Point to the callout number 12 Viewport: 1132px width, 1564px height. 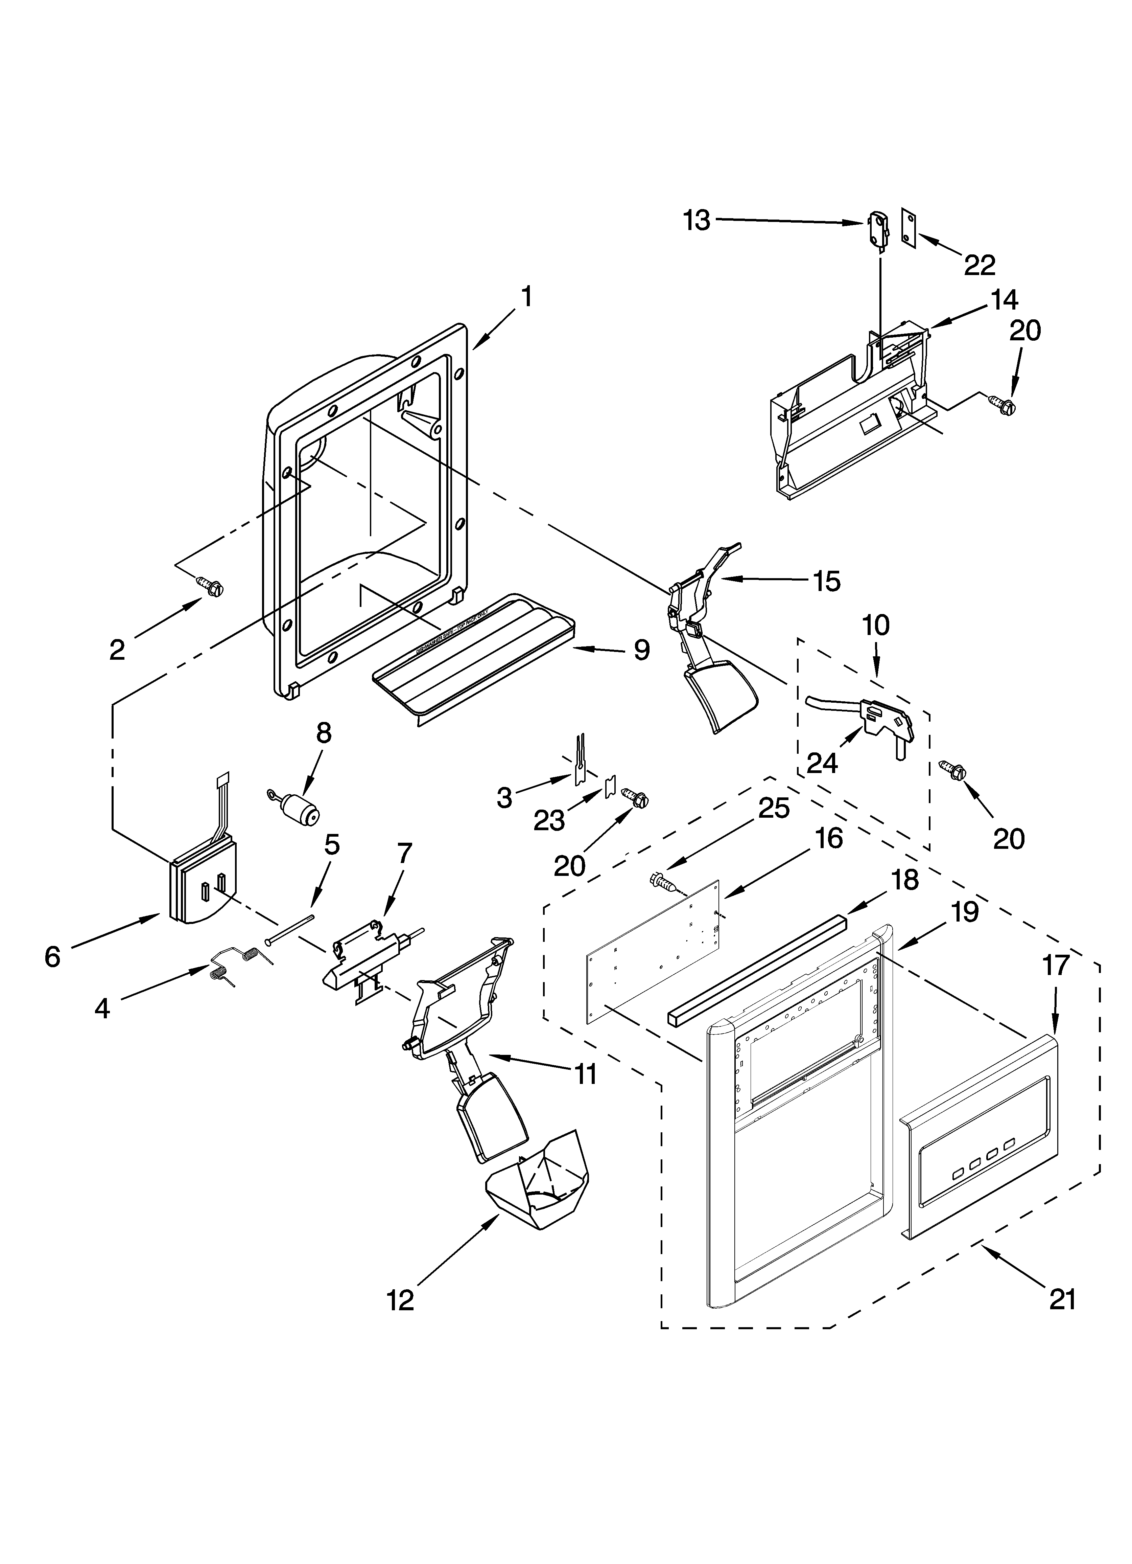(401, 1300)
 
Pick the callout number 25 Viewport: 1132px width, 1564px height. (774, 808)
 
